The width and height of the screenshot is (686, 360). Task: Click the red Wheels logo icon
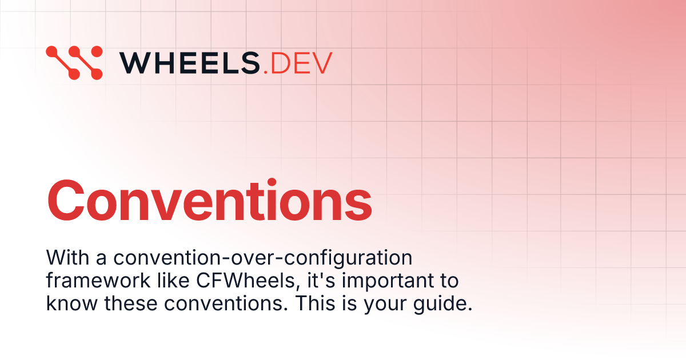[x=74, y=62]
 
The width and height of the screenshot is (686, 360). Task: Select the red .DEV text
[x=298, y=62]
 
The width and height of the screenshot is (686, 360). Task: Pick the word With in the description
[x=64, y=258]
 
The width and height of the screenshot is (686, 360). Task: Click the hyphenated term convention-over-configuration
[x=262, y=258]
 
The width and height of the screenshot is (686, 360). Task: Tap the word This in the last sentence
[x=313, y=303]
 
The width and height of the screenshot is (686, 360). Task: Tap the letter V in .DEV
[x=321, y=62]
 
